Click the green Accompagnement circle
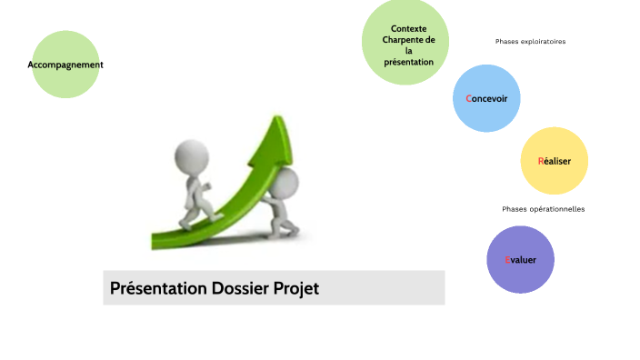click(65, 65)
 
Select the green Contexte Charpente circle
click(405, 43)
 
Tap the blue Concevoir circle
click(487, 98)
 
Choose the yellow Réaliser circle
click(555, 161)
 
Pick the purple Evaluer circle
click(521, 260)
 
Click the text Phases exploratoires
click(530, 42)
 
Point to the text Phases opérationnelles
click(543, 209)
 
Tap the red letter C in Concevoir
click(469, 98)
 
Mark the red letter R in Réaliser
click(541, 161)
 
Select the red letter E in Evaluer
click(508, 260)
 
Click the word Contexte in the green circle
click(408, 29)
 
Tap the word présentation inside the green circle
click(408, 62)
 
